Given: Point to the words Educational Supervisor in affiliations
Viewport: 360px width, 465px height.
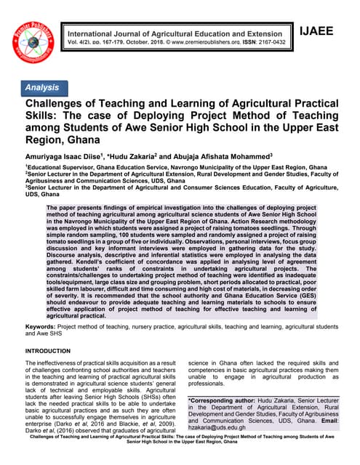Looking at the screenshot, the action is coord(59,167).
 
